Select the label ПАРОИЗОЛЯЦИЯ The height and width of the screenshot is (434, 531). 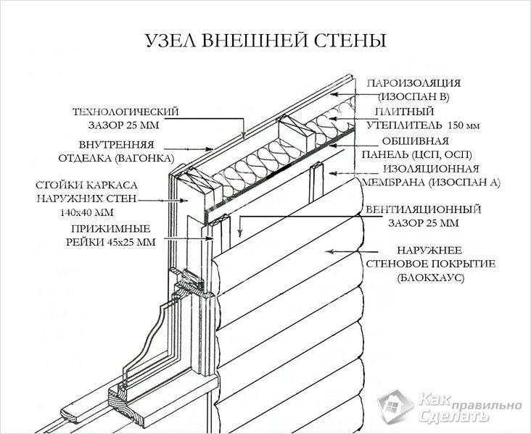coord(413,83)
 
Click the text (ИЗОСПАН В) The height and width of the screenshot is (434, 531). coord(413,97)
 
